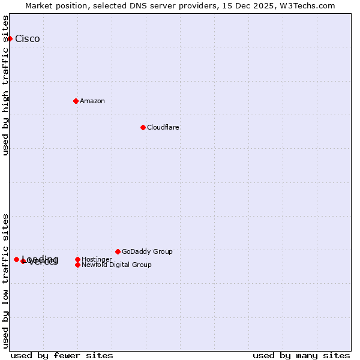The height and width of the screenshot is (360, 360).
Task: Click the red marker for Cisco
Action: tap(10, 38)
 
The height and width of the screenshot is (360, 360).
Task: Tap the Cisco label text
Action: tap(28, 39)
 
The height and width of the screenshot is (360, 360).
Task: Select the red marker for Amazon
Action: tap(76, 101)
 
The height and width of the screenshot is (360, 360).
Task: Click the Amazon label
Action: tap(92, 101)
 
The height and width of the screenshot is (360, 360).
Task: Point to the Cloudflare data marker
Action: tap(143, 127)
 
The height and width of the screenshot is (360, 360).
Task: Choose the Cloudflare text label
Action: tap(163, 127)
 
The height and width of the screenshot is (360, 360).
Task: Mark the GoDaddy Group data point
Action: tap(118, 251)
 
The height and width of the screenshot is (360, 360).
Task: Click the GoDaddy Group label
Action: tap(147, 251)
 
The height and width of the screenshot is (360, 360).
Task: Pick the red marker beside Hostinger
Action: tap(77, 259)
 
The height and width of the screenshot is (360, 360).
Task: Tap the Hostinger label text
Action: tap(97, 259)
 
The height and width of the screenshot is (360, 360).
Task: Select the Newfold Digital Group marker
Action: tap(77, 265)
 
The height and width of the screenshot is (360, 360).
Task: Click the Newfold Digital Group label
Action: tap(116, 265)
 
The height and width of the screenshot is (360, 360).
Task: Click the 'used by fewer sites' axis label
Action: tap(62, 355)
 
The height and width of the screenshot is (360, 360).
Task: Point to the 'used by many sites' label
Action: tap(301, 355)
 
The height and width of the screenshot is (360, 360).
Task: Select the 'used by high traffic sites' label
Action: tap(6, 85)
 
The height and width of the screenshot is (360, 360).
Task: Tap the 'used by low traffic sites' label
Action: tap(6, 280)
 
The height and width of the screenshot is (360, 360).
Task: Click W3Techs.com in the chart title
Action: tap(305, 6)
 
